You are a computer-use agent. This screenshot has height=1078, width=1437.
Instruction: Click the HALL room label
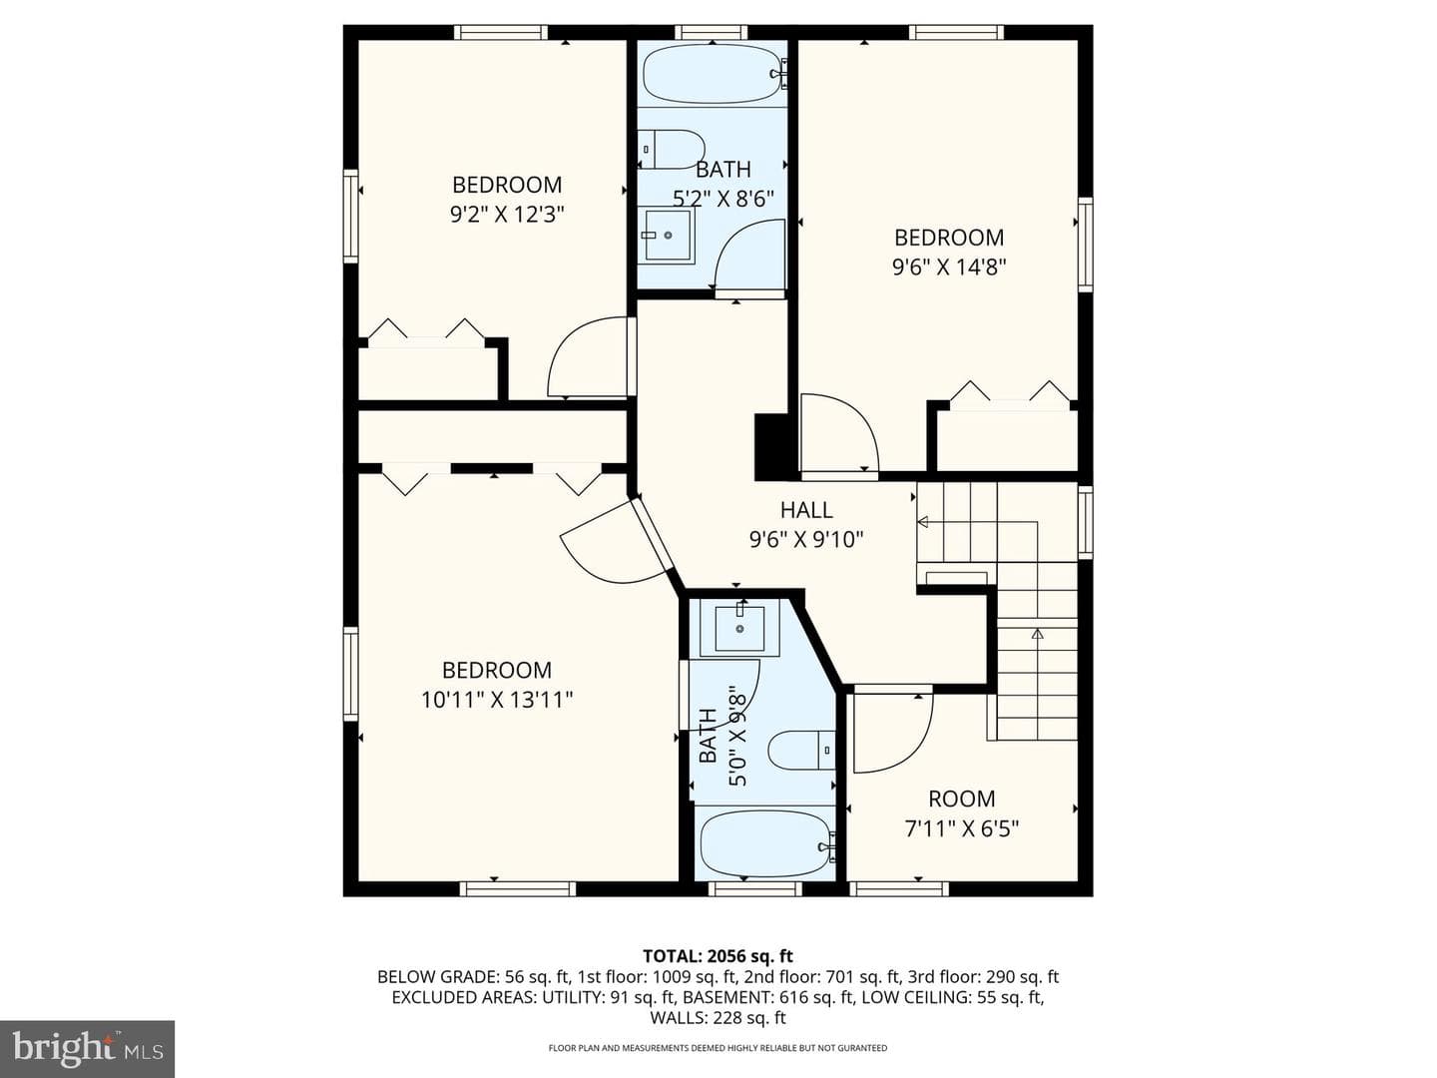[806, 509]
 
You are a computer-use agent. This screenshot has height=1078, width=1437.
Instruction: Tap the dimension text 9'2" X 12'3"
[507, 214]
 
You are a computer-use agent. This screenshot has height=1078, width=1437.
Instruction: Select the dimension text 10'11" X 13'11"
[497, 700]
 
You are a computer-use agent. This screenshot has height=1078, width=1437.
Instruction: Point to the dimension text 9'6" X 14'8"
[949, 267]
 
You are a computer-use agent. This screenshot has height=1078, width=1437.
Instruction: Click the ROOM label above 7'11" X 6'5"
[961, 799]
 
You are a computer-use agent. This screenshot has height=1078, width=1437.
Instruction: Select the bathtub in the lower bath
[766, 844]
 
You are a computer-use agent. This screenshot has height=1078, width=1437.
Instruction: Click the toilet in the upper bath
[672, 150]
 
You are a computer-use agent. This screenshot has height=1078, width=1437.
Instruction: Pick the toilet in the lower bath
[801, 750]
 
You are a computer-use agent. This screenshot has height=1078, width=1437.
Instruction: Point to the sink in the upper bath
[667, 235]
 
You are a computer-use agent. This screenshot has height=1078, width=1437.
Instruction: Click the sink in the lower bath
[739, 629]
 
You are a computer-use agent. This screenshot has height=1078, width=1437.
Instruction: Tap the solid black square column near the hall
[771, 447]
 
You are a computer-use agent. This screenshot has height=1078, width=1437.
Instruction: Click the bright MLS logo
[87, 1049]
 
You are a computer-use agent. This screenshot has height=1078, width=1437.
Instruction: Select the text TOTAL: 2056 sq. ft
[718, 956]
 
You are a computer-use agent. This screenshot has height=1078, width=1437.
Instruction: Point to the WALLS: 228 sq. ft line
[718, 1018]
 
